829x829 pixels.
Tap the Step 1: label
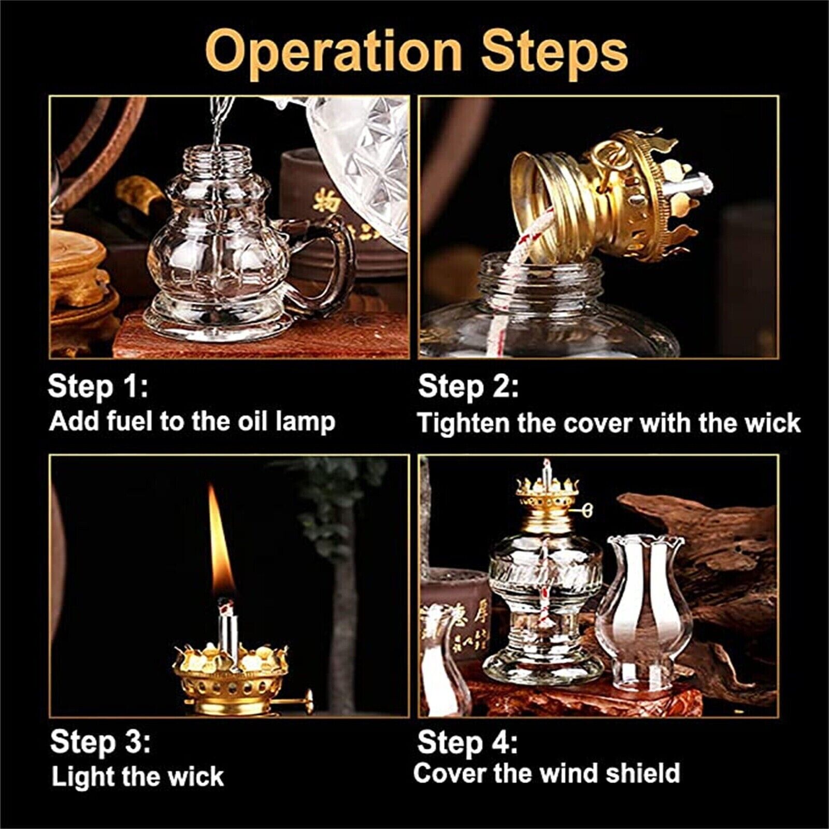coord(98,387)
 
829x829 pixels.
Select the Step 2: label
coord(468,387)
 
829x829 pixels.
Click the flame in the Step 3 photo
coord(221,544)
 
